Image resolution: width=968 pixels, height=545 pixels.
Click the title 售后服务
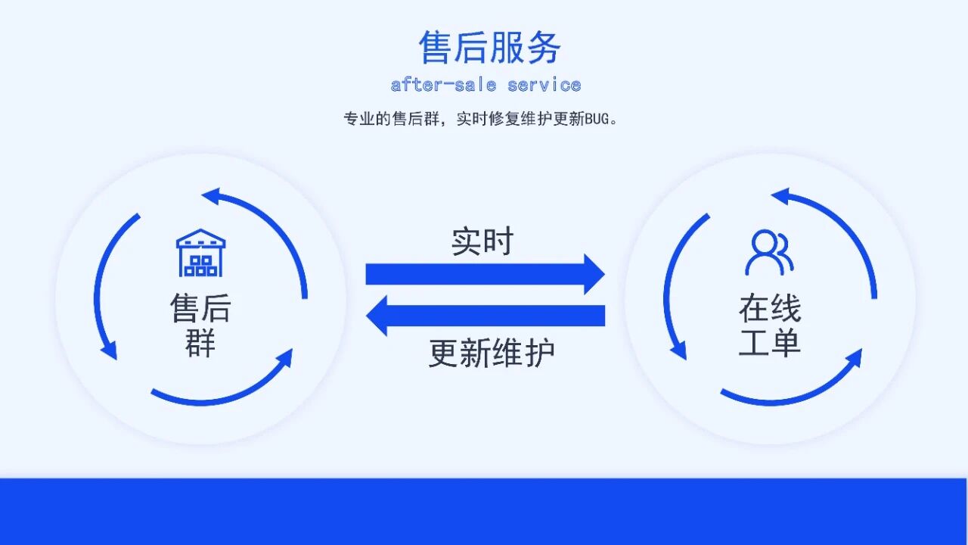click(x=490, y=47)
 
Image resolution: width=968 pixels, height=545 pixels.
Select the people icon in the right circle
click(x=769, y=253)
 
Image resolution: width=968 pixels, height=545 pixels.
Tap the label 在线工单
click(x=769, y=325)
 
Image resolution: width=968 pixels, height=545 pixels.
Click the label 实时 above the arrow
click(x=482, y=241)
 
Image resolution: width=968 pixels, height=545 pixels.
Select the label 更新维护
click(x=492, y=353)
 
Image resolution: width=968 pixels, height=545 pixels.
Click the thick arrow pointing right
click(x=484, y=274)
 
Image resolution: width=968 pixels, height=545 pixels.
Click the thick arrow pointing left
click(x=484, y=316)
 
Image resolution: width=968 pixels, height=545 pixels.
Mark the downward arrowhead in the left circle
click(x=110, y=350)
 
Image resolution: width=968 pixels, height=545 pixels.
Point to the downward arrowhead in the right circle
click(x=679, y=350)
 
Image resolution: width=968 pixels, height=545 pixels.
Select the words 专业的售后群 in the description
click(x=392, y=120)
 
